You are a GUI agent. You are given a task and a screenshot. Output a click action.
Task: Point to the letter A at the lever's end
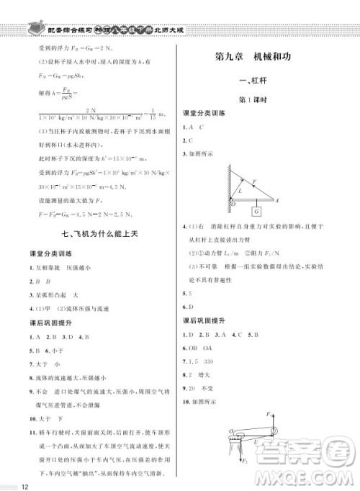(277, 201)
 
